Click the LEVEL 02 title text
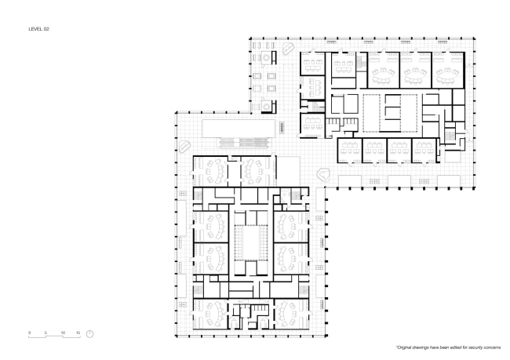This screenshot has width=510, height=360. coord(38,29)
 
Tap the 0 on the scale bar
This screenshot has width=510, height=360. coord(29,333)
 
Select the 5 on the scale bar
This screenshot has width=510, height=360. coord(46,333)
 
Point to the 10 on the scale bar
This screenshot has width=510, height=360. coord(63,333)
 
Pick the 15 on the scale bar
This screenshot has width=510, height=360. coord(78,333)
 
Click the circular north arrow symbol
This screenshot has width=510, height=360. coord(89,333)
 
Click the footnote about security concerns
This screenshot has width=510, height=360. coord(448,347)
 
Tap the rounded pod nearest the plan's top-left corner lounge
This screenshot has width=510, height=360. coord(288,49)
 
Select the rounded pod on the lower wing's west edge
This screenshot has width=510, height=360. coord(184,147)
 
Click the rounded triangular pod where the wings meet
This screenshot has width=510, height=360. coord(324,175)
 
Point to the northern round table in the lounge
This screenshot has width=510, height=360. coord(267,58)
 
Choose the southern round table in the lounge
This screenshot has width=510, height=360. coord(267,106)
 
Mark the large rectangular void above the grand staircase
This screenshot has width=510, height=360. coord(238,129)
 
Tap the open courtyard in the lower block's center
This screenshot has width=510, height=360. coord(251,243)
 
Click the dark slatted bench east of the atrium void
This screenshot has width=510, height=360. coord(282,127)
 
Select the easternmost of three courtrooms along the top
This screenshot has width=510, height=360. coord(447,70)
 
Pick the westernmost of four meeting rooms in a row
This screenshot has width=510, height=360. coord(350,151)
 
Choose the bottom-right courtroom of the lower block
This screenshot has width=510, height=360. coord(291,314)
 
